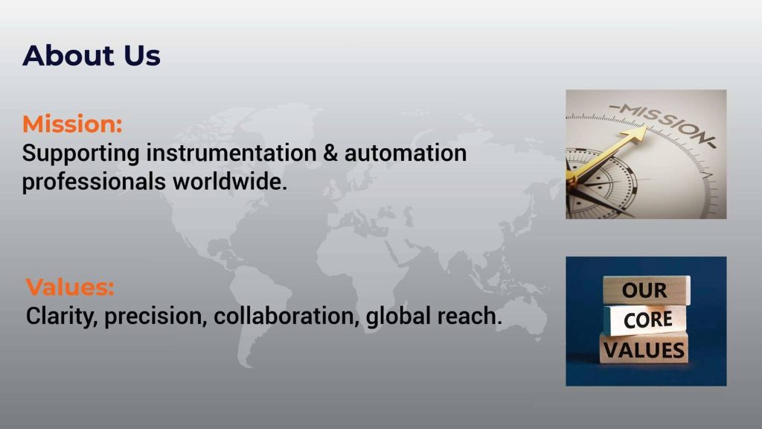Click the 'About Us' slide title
click(92, 55)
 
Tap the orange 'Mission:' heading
click(72, 124)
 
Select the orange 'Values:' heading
click(70, 287)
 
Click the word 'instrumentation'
click(231, 153)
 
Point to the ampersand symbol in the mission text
click(330, 153)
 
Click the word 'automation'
click(406, 153)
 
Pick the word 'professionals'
click(94, 182)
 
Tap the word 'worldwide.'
click(229, 182)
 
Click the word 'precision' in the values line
click(156, 316)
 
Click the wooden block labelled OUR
click(646, 290)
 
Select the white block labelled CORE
click(646, 320)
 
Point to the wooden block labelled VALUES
click(644, 349)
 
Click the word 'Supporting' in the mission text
click(81, 153)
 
